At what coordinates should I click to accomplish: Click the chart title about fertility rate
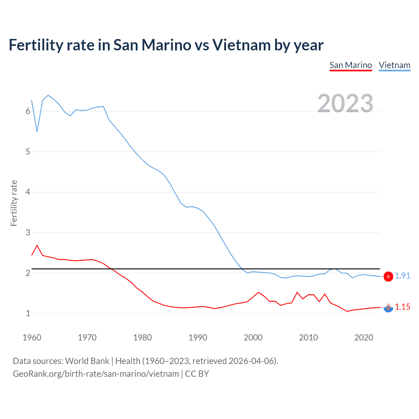click(166, 45)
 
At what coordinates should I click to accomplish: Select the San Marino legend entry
click(351, 65)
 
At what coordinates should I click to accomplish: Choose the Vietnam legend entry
click(394, 65)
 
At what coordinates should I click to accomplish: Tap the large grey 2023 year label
click(345, 103)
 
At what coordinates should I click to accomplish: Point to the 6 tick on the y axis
click(28, 111)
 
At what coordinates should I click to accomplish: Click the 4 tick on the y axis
click(28, 192)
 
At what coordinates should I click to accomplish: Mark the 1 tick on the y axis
click(28, 314)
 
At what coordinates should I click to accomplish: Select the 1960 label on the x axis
click(32, 337)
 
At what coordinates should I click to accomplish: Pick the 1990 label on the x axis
click(198, 337)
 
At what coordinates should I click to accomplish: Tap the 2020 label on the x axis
click(364, 337)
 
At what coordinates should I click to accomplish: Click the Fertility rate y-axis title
click(14, 203)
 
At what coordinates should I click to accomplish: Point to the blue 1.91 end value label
click(402, 276)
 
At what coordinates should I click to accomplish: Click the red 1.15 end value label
click(402, 307)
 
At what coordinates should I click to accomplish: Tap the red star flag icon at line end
click(388, 277)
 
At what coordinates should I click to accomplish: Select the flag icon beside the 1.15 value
click(388, 307)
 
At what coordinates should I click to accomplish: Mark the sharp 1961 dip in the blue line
click(37, 132)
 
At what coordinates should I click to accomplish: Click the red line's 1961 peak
click(37, 245)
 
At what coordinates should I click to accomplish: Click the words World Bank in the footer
click(87, 361)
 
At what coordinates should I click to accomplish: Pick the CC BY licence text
click(197, 374)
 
